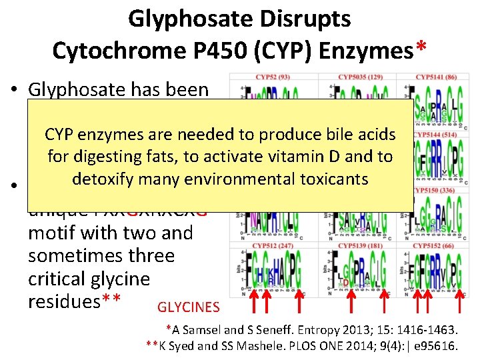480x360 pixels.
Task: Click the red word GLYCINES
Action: pyautogui.click(x=188, y=307)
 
